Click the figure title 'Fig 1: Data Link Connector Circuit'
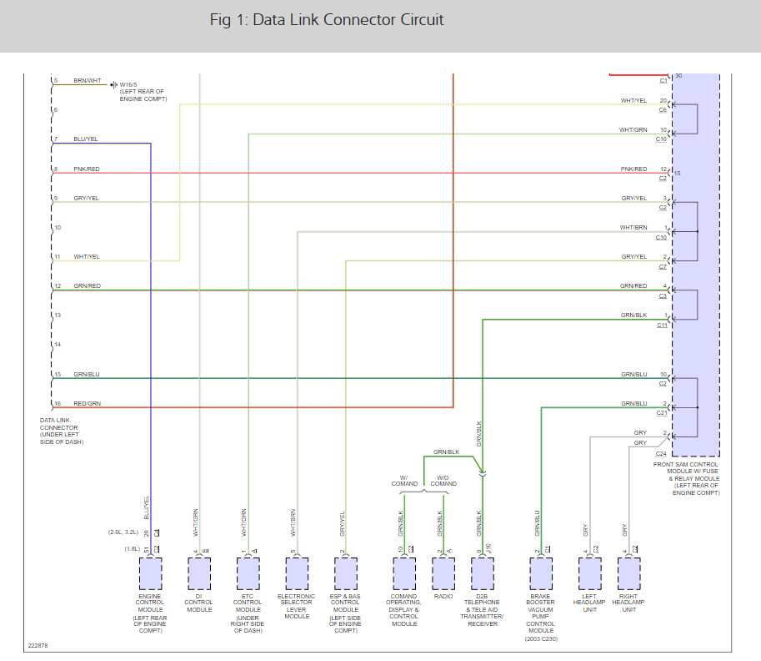pos(327,20)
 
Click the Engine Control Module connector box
pos(151,573)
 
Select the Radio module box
pos(443,573)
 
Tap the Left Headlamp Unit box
pos(589,573)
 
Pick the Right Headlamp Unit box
pos(628,573)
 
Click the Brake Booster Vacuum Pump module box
pos(541,573)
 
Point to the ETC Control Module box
pos(248,573)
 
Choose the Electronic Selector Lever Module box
pos(298,573)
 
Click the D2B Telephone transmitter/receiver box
pos(483,573)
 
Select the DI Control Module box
pos(199,573)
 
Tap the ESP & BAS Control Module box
pos(346,573)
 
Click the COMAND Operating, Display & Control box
pos(403,573)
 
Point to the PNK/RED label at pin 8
pos(87,169)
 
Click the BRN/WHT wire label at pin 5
pos(88,81)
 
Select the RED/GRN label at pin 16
pos(87,404)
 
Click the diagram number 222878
pos(38,646)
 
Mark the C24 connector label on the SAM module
pos(661,453)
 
